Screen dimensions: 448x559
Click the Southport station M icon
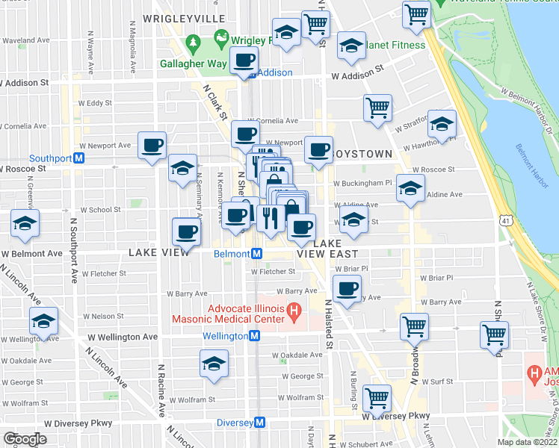click(78, 158)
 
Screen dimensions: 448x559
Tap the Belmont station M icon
click(256, 254)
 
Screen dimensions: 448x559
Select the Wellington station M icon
click(254, 336)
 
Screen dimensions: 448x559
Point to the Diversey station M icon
click(260, 423)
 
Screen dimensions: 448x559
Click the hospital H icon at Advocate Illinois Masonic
click(294, 309)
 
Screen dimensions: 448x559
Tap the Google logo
click(25, 438)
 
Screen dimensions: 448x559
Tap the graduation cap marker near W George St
click(214, 364)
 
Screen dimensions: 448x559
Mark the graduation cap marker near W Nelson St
click(44, 322)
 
